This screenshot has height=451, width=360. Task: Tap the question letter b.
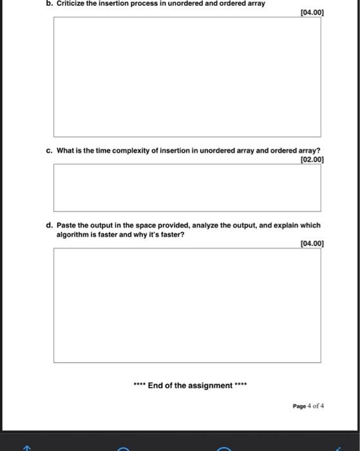point(49,3)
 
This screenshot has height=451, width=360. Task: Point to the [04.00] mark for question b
point(312,12)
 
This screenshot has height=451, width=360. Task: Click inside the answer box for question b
point(187,76)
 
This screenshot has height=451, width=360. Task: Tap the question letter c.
point(49,151)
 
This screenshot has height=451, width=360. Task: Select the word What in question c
point(65,151)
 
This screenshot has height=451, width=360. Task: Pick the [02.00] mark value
point(312,159)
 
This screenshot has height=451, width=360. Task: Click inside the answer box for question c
point(187,187)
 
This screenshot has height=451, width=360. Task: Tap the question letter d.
point(49,225)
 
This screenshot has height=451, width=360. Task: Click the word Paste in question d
point(66,225)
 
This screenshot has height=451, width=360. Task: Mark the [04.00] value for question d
point(312,244)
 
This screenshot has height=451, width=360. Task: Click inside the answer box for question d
point(187,305)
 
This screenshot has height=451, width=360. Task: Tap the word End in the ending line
point(156,386)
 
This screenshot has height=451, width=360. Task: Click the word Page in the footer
point(299,406)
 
